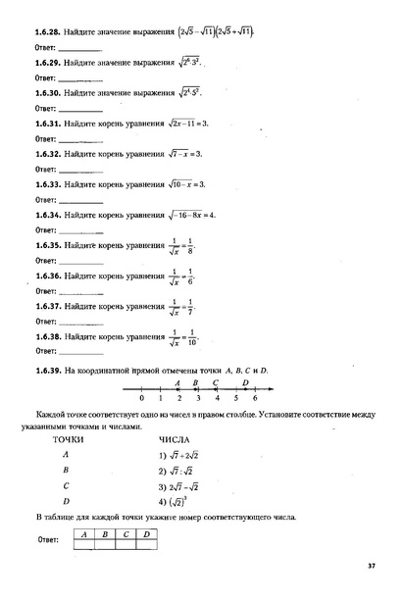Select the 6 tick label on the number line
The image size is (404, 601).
pos(255,400)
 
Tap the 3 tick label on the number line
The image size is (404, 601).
pos(198,400)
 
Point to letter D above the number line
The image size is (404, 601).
pos(244,382)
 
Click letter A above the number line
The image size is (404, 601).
pos(177,382)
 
